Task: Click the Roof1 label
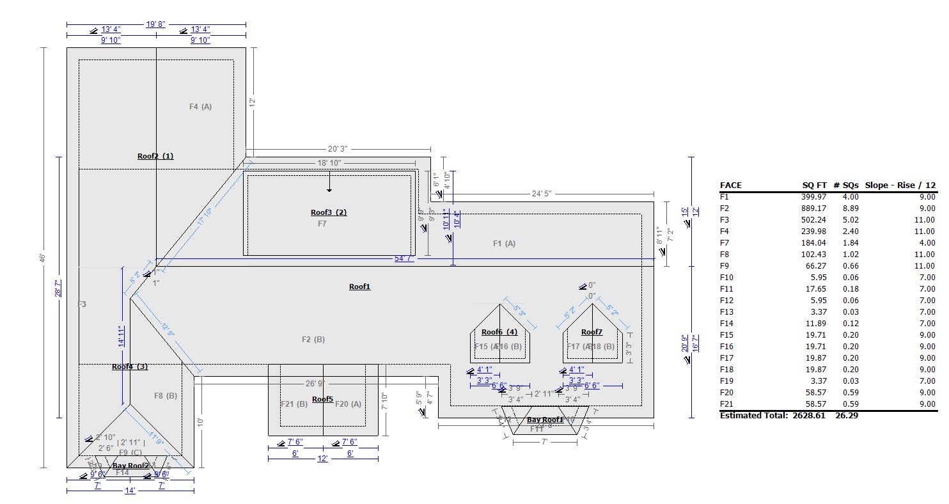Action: coord(359,287)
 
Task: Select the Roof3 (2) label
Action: coord(329,212)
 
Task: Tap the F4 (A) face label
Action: coord(200,107)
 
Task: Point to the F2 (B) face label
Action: coord(313,340)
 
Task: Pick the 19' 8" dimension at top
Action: coord(156,24)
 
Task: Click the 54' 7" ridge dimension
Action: coord(404,258)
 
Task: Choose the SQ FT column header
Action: coord(815,185)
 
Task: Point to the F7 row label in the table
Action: coord(725,243)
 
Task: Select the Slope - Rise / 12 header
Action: coord(900,185)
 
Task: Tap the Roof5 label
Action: coord(322,399)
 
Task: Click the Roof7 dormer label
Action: coord(592,332)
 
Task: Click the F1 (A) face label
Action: coord(504,243)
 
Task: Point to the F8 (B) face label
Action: coord(166,396)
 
